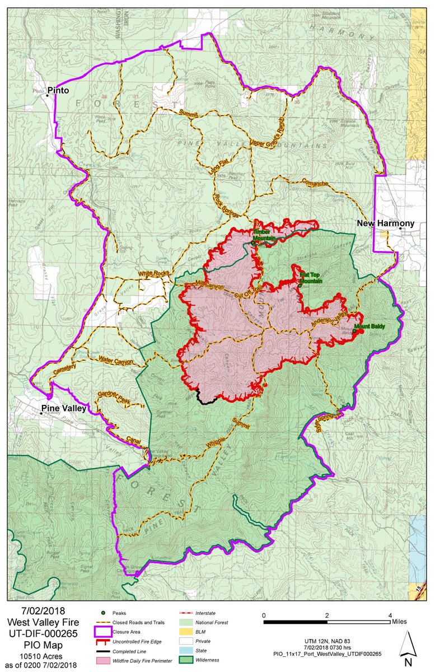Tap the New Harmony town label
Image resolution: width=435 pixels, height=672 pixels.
pyautogui.click(x=386, y=223)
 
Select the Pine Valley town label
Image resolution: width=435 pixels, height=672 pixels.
pyautogui.click(x=63, y=408)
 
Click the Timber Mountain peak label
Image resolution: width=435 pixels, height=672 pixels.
pyautogui.click(x=265, y=235)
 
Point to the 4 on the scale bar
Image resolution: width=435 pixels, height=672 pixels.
pyautogui.click(x=390, y=615)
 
